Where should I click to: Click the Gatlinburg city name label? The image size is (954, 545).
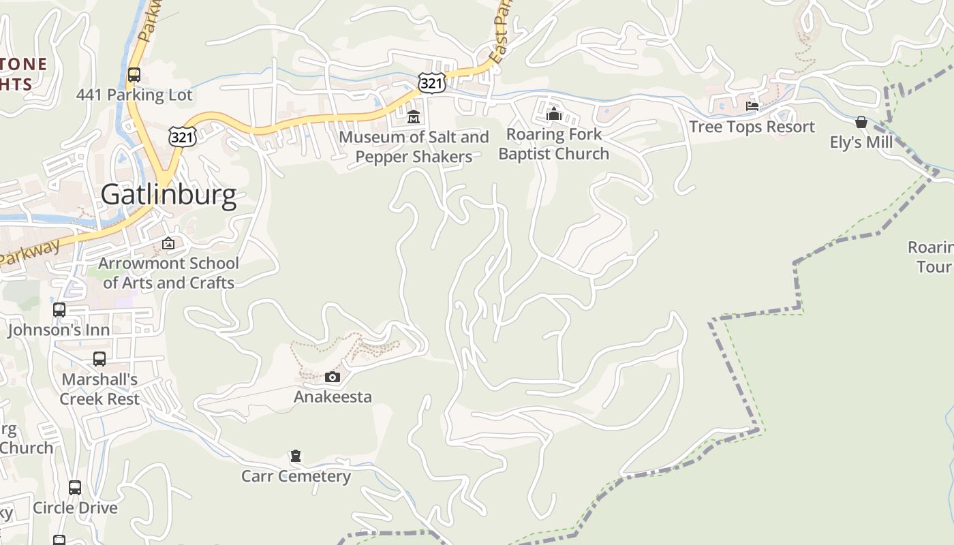coord(168,195)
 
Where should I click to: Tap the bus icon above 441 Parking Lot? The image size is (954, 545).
coord(134,75)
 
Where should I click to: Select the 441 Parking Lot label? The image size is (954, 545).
coord(134,95)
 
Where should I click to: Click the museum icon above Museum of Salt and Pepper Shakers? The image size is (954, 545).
coord(414,117)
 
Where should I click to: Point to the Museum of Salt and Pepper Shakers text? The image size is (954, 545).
coord(414,147)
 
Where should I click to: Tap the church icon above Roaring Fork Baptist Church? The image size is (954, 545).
coord(554,114)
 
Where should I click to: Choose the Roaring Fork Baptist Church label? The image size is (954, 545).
coord(554,144)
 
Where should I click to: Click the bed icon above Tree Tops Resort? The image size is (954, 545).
coord(752,106)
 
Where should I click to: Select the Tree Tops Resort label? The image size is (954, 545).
coord(752,127)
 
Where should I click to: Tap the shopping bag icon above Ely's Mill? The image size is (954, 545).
coord(861,122)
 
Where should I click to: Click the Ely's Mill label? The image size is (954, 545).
coord(861,142)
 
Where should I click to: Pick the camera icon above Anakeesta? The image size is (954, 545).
coord(333,377)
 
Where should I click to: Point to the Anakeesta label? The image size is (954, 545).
coord(333,396)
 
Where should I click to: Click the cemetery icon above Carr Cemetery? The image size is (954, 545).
coord(296,456)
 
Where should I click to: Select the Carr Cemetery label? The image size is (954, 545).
coord(296,476)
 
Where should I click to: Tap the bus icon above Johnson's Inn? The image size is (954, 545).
coord(59,310)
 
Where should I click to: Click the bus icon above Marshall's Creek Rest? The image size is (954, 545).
coord(99,359)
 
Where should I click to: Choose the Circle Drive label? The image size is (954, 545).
coord(75,508)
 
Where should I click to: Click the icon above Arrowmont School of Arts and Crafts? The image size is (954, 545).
coord(168,243)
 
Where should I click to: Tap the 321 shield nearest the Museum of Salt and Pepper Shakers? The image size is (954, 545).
coord(432,83)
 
